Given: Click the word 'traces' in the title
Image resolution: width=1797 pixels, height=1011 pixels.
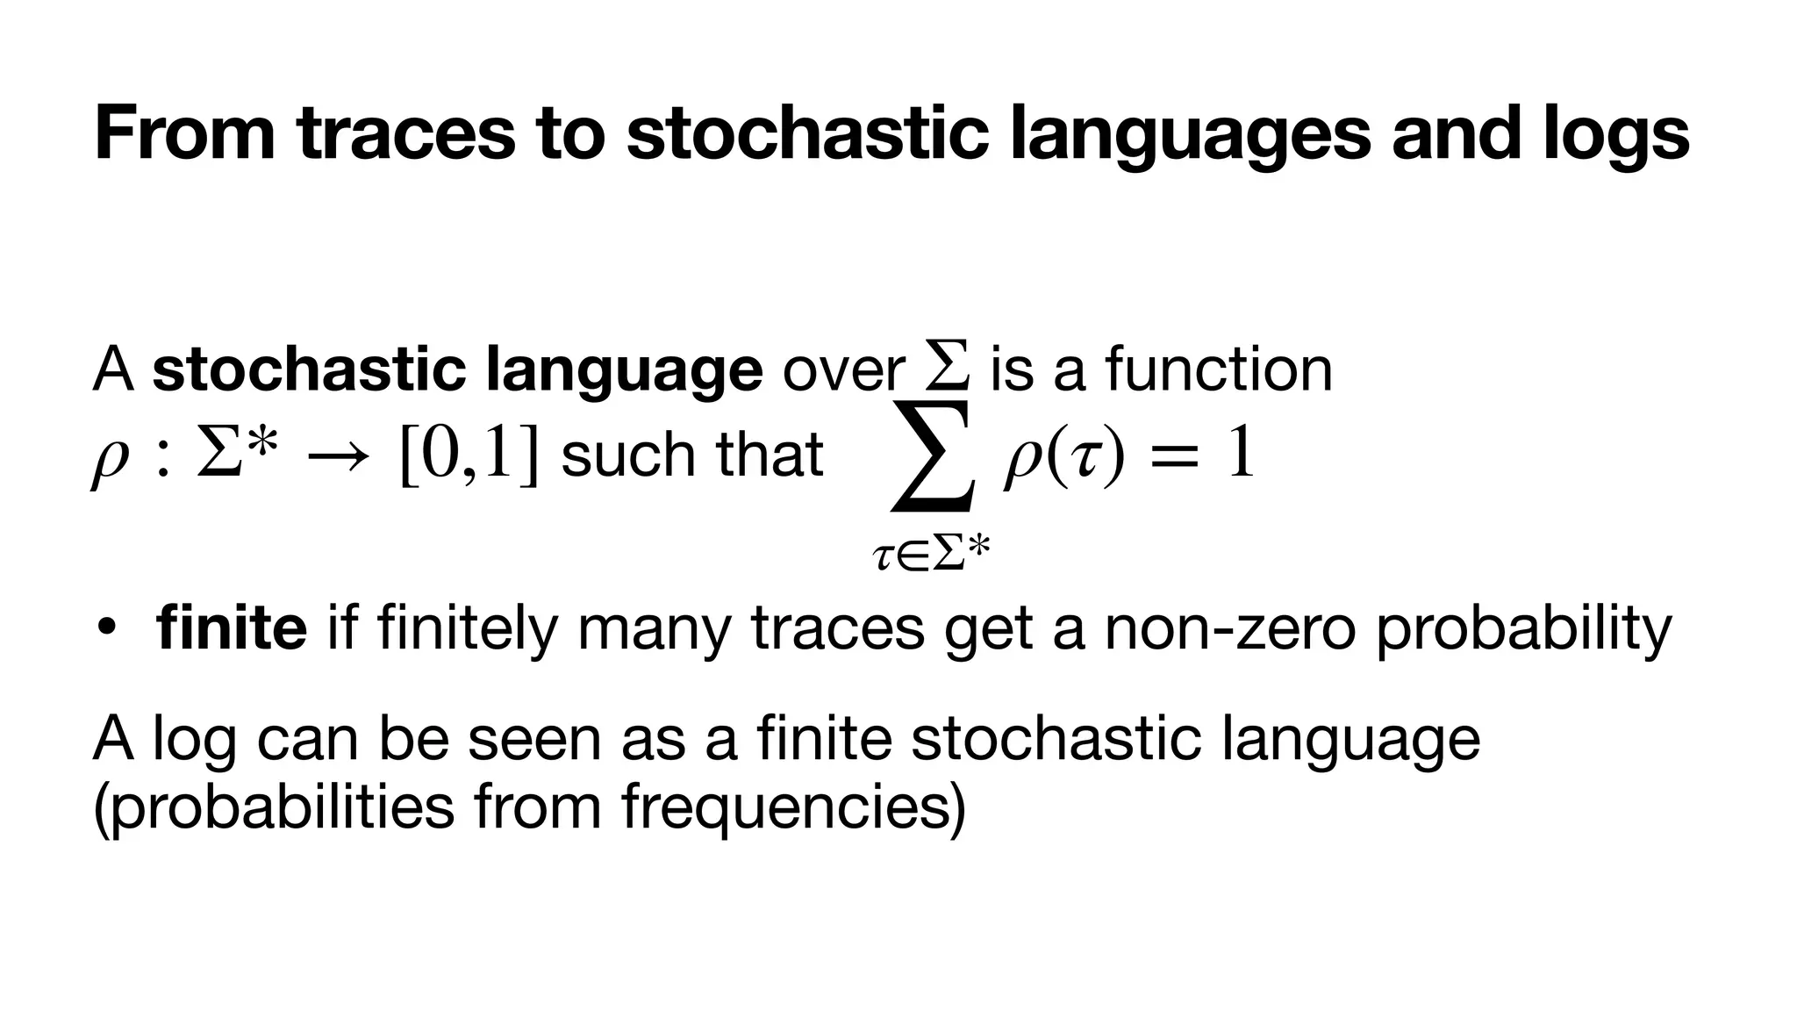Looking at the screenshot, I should (405, 133).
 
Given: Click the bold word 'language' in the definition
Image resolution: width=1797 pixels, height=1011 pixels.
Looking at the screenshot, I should (624, 371).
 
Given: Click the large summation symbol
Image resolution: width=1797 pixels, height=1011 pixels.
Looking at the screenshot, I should (933, 456).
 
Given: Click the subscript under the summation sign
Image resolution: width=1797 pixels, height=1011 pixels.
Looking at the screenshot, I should (931, 555).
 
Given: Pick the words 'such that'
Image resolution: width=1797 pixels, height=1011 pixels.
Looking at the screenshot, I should (691, 455).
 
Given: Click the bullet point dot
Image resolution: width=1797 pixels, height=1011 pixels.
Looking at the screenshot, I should (107, 628).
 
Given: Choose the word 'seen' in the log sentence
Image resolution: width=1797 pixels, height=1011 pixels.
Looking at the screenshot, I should (532, 738).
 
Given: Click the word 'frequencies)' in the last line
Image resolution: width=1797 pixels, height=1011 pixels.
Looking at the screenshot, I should (793, 807).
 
